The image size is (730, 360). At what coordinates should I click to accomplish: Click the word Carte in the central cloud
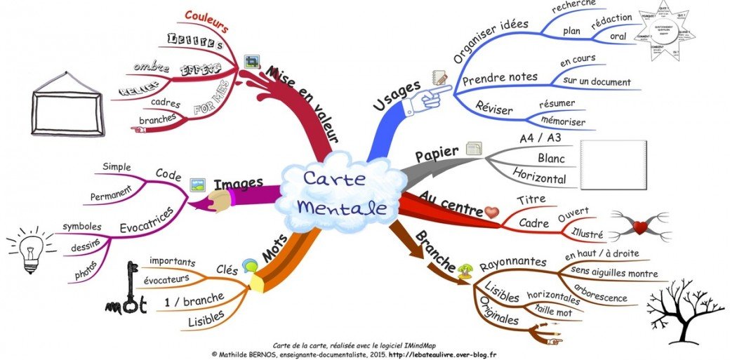click(334, 179)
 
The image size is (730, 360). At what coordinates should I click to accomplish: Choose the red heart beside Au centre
click(491, 211)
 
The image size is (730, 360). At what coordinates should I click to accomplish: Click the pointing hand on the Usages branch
click(430, 99)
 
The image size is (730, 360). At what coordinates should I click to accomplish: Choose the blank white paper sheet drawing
click(613, 166)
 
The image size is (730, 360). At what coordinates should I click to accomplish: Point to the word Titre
click(531, 200)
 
